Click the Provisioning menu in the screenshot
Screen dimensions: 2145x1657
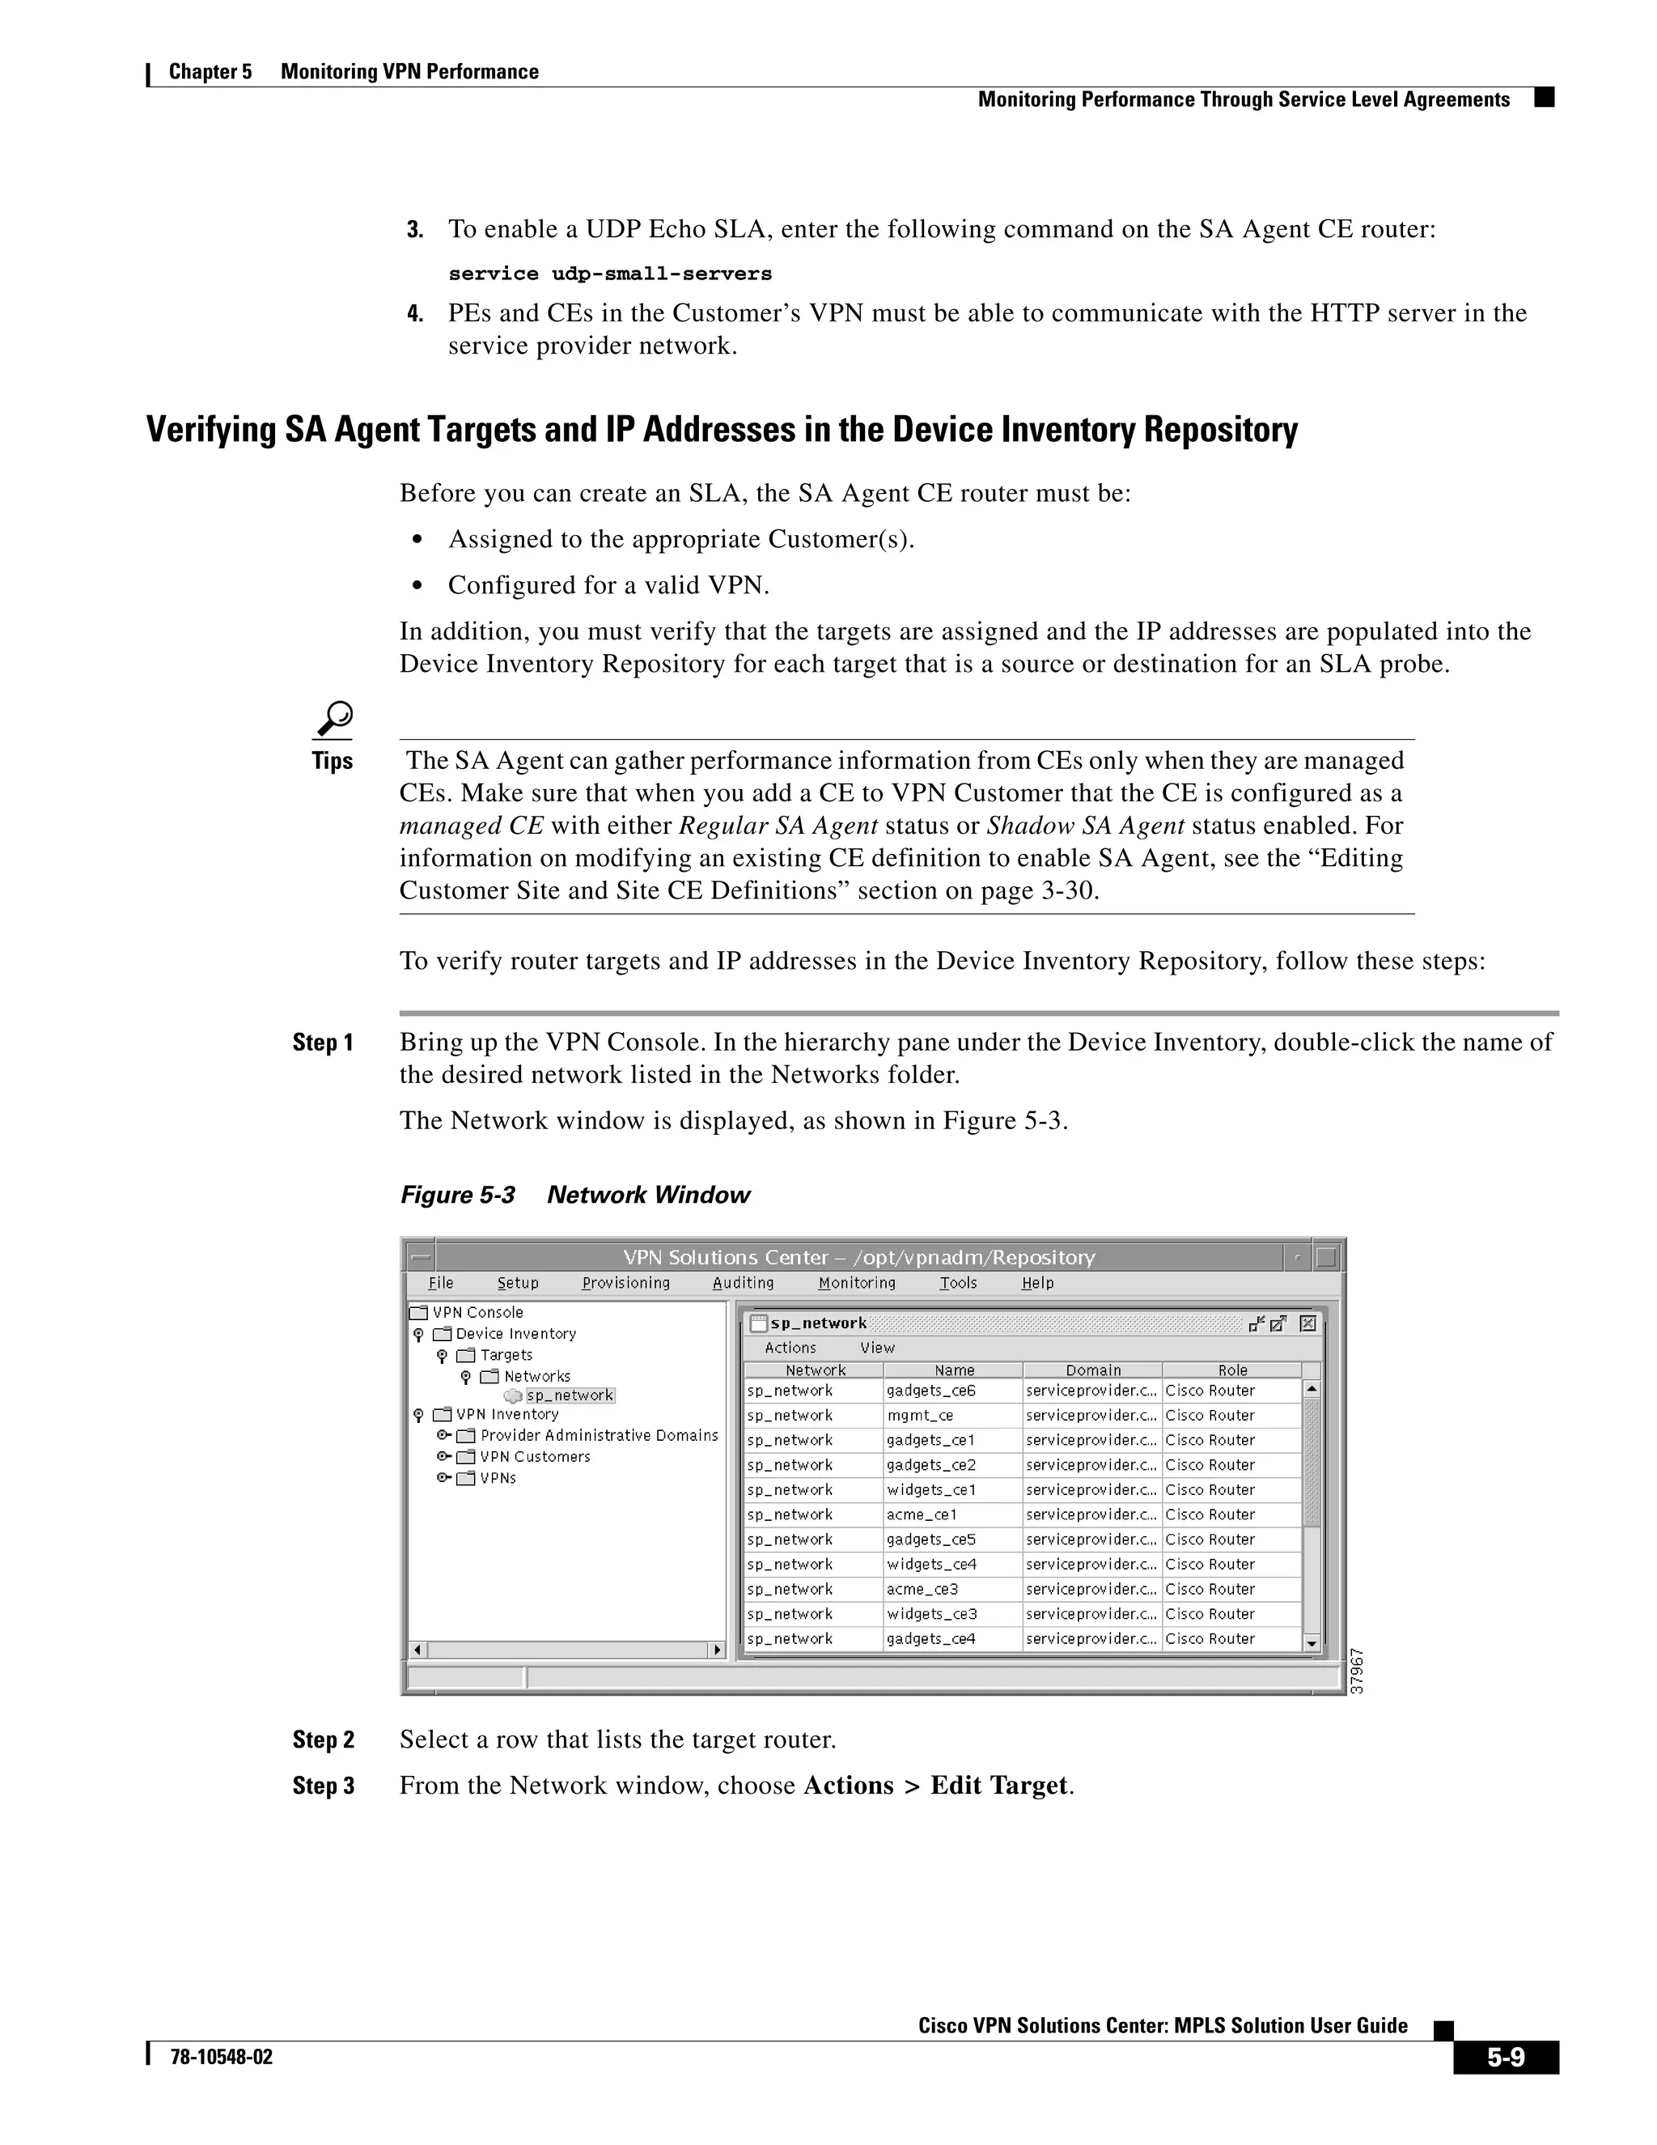(625, 1283)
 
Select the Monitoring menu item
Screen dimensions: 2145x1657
(856, 1283)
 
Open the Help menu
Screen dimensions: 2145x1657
(1036, 1283)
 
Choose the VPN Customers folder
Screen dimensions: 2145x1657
(534, 1456)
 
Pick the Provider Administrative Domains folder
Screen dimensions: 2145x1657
(598, 1435)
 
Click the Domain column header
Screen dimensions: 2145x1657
(1092, 1370)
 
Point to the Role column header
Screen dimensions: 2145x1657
(1232, 1370)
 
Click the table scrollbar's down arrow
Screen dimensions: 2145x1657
(1312, 1643)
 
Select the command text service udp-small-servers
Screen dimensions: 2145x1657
(609, 274)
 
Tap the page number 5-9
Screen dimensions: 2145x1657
(1505, 2057)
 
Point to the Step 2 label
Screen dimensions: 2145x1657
(323, 1739)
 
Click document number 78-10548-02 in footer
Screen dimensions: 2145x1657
(221, 2057)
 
